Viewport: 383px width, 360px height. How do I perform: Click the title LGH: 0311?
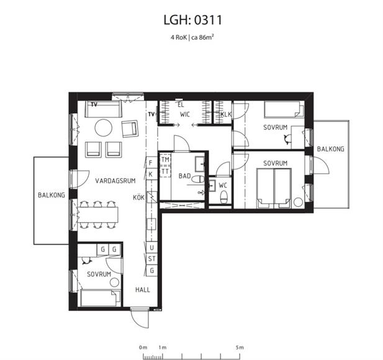click(192, 20)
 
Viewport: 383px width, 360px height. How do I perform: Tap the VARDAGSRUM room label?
click(115, 181)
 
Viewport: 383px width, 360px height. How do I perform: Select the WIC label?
click(185, 114)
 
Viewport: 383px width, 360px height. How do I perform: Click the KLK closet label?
click(226, 114)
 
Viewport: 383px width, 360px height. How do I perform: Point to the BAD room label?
click(184, 176)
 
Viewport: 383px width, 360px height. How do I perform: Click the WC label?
click(223, 186)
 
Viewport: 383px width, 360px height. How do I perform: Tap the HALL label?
click(143, 290)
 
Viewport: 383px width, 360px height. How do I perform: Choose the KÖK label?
click(139, 197)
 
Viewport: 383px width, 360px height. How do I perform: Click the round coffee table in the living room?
click(104, 128)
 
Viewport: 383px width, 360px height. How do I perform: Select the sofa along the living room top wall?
click(103, 109)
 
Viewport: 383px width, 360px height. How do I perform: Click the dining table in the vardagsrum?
click(98, 215)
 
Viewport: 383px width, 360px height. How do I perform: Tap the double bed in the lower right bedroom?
click(274, 188)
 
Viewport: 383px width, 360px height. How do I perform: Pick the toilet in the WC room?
click(223, 197)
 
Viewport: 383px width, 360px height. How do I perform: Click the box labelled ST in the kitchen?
click(151, 259)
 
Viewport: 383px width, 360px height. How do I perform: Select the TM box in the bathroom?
click(165, 160)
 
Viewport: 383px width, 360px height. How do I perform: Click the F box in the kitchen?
click(151, 163)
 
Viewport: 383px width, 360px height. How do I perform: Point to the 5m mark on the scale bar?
click(240, 348)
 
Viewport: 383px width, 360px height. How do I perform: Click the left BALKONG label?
click(52, 195)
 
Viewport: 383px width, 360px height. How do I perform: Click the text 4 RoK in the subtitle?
click(179, 38)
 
